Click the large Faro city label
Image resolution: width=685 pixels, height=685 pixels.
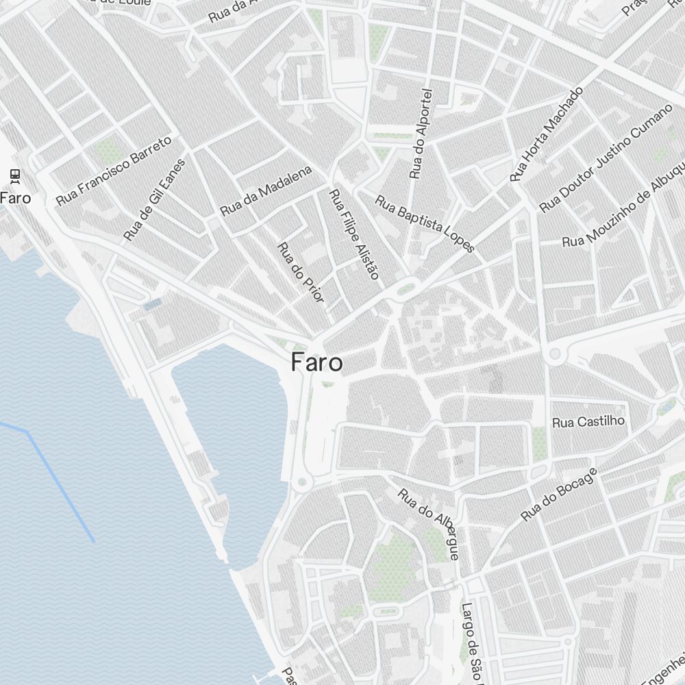click(x=316, y=362)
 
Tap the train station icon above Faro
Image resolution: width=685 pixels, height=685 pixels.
click(x=15, y=176)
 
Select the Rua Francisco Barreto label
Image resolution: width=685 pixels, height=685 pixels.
click(x=113, y=171)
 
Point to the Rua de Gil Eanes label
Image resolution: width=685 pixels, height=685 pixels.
click(x=154, y=199)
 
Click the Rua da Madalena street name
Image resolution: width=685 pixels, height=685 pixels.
click(x=266, y=190)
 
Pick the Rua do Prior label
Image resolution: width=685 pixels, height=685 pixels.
click(x=300, y=272)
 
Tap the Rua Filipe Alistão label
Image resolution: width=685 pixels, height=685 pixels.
click(x=353, y=234)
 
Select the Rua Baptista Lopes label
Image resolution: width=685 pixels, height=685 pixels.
click(x=425, y=223)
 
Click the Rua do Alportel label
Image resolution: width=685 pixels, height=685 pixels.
click(x=421, y=134)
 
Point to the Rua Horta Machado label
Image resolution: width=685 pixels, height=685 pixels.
click(x=546, y=134)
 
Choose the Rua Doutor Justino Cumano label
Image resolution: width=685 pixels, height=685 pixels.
click(x=606, y=159)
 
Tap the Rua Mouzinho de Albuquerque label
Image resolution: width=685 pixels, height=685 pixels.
click(x=623, y=206)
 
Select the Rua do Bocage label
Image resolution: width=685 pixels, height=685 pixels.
click(x=558, y=495)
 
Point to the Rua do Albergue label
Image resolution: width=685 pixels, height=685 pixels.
click(x=429, y=523)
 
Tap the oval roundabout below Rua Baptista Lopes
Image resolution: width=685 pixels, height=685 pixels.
click(x=406, y=288)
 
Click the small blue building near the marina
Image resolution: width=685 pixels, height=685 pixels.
click(x=153, y=303)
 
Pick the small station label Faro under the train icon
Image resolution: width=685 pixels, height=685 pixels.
click(x=15, y=197)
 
